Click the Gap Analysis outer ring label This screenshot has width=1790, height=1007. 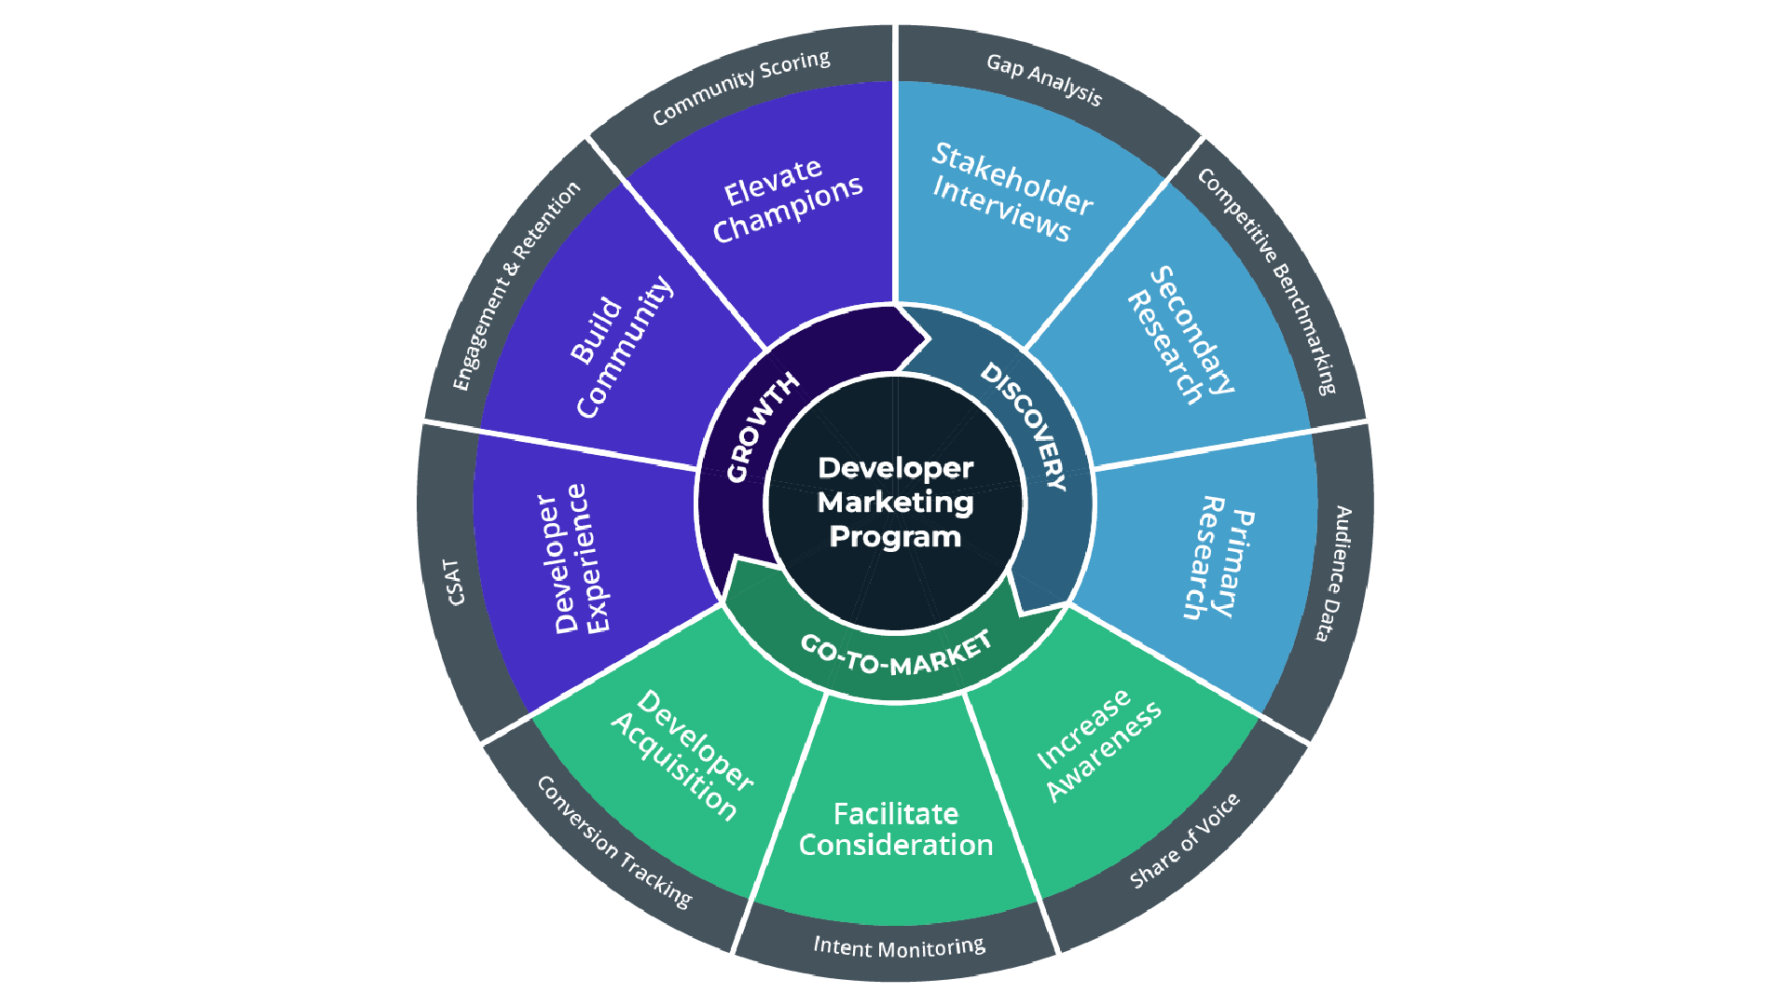click(x=1044, y=79)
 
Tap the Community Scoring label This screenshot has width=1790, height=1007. click(x=741, y=87)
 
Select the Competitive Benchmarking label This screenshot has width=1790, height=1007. click(x=1268, y=280)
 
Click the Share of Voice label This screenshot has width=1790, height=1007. click(x=1185, y=840)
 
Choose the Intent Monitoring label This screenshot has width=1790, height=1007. click(x=899, y=947)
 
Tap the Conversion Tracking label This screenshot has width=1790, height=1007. click(x=614, y=842)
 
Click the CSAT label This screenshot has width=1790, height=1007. click(x=455, y=583)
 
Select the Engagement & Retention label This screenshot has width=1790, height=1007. click(x=516, y=285)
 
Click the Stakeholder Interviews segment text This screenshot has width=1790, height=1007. click(x=1012, y=192)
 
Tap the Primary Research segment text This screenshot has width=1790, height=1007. click(x=1219, y=558)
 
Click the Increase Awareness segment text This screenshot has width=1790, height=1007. click(x=1099, y=744)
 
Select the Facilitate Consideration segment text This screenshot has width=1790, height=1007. click(x=896, y=829)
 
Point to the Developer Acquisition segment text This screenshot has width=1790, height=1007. click(x=682, y=755)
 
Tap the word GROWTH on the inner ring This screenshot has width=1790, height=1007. click(x=763, y=427)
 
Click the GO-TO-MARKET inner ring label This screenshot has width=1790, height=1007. click(x=896, y=654)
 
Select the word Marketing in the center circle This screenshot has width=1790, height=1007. click(x=896, y=504)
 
